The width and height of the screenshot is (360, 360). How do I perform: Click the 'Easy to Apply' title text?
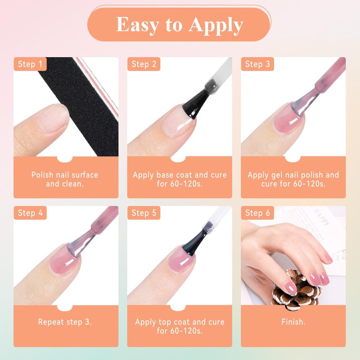(179, 25)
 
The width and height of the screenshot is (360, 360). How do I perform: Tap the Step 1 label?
(30, 64)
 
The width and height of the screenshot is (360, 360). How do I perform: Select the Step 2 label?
(144, 64)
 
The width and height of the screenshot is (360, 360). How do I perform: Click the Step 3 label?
(257, 64)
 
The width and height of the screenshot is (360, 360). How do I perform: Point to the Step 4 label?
(30, 213)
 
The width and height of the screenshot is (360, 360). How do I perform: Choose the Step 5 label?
(144, 213)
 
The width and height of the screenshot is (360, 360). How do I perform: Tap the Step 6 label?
(257, 213)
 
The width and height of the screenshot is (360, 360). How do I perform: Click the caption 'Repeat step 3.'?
(65, 322)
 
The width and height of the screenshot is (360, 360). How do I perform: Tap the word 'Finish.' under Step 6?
(293, 322)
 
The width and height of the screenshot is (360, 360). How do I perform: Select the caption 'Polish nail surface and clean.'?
(65, 179)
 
